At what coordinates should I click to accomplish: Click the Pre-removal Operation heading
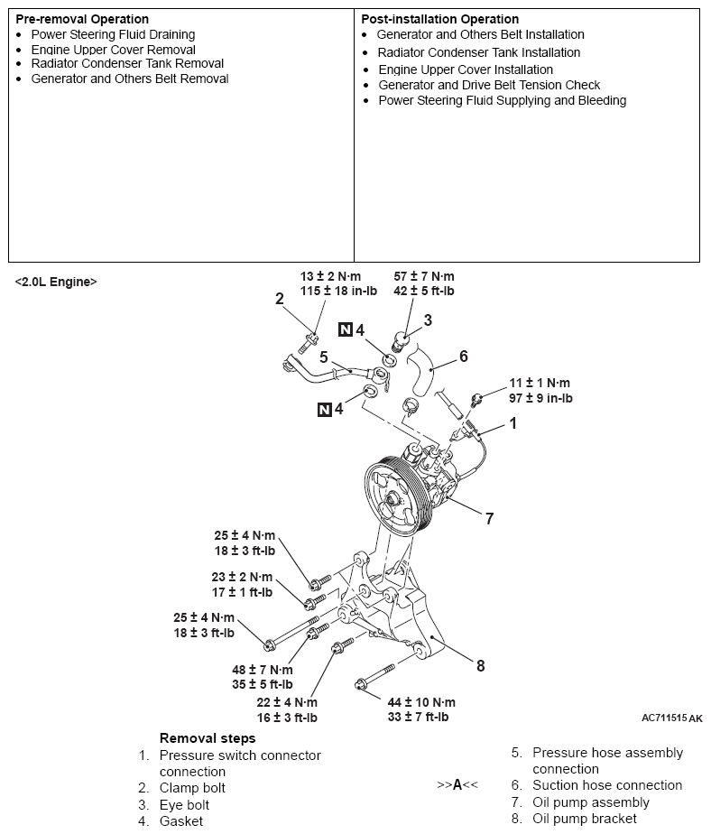pyautogui.click(x=82, y=19)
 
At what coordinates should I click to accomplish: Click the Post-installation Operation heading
pyautogui.click(x=439, y=19)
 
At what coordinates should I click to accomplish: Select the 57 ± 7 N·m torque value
pyautogui.click(x=424, y=276)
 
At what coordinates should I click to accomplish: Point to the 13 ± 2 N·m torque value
pyautogui.click(x=330, y=276)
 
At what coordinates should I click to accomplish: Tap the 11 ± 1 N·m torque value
pyautogui.click(x=540, y=383)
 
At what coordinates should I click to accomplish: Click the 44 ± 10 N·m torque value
pyautogui.click(x=421, y=702)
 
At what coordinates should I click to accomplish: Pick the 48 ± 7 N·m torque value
pyautogui.click(x=263, y=670)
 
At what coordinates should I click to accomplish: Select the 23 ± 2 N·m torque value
pyautogui.click(x=242, y=577)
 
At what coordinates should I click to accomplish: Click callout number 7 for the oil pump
pyautogui.click(x=489, y=519)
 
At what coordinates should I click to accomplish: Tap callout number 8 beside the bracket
pyautogui.click(x=481, y=666)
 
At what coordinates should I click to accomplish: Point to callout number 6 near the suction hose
pyautogui.click(x=464, y=357)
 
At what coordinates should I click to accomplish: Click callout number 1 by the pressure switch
pyautogui.click(x=513, y=423)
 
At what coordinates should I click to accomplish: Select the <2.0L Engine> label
pyautogui.click(x=56, y=282)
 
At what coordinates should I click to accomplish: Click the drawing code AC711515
pyautogui.click(x=664, y=718)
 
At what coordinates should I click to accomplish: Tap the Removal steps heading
pyautogui.click(x=208, y=738)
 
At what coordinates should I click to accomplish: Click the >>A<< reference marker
pyautogui.click(x=457, y=785)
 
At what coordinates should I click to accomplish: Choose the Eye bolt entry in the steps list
pyautogui.click(x=184, y=805)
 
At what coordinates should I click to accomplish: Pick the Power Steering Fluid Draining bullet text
pyautogui.click(x=114, y=34)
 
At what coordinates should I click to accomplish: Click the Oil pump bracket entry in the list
pyautogui.click(x=585, y=819)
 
